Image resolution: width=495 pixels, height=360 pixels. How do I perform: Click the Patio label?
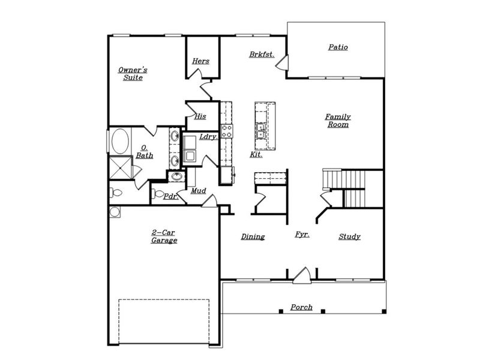[x=338, y=47]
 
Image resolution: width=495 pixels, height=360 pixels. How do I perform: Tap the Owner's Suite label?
[x=133, y=74]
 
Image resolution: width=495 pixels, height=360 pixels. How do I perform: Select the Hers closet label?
[x=200, y=61]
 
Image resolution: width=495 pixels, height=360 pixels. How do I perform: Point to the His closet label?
[x=200, y=116]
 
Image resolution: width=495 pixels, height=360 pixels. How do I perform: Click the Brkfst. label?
[x=262, y=55]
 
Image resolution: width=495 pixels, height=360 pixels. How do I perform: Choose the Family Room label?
[x=338, y=121]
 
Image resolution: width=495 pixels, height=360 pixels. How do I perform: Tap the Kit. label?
[x=256, y=155]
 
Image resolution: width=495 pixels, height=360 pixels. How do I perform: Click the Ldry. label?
[x=208, y=137]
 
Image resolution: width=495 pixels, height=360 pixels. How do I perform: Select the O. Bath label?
[x=144, y=152]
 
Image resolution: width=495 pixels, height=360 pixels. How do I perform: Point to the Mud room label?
[x=199, y=191]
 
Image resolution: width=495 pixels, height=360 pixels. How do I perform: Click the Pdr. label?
[x=170, y=196]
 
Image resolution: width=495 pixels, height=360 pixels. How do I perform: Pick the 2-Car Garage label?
[x=164, y=236]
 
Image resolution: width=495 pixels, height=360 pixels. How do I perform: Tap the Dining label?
[x=253, y=237]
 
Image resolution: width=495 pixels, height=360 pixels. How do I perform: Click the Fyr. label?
[x=302, y=235]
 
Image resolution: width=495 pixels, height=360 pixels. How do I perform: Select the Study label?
[x=349, y=237]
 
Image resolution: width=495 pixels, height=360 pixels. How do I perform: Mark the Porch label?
[x=301, y=307]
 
